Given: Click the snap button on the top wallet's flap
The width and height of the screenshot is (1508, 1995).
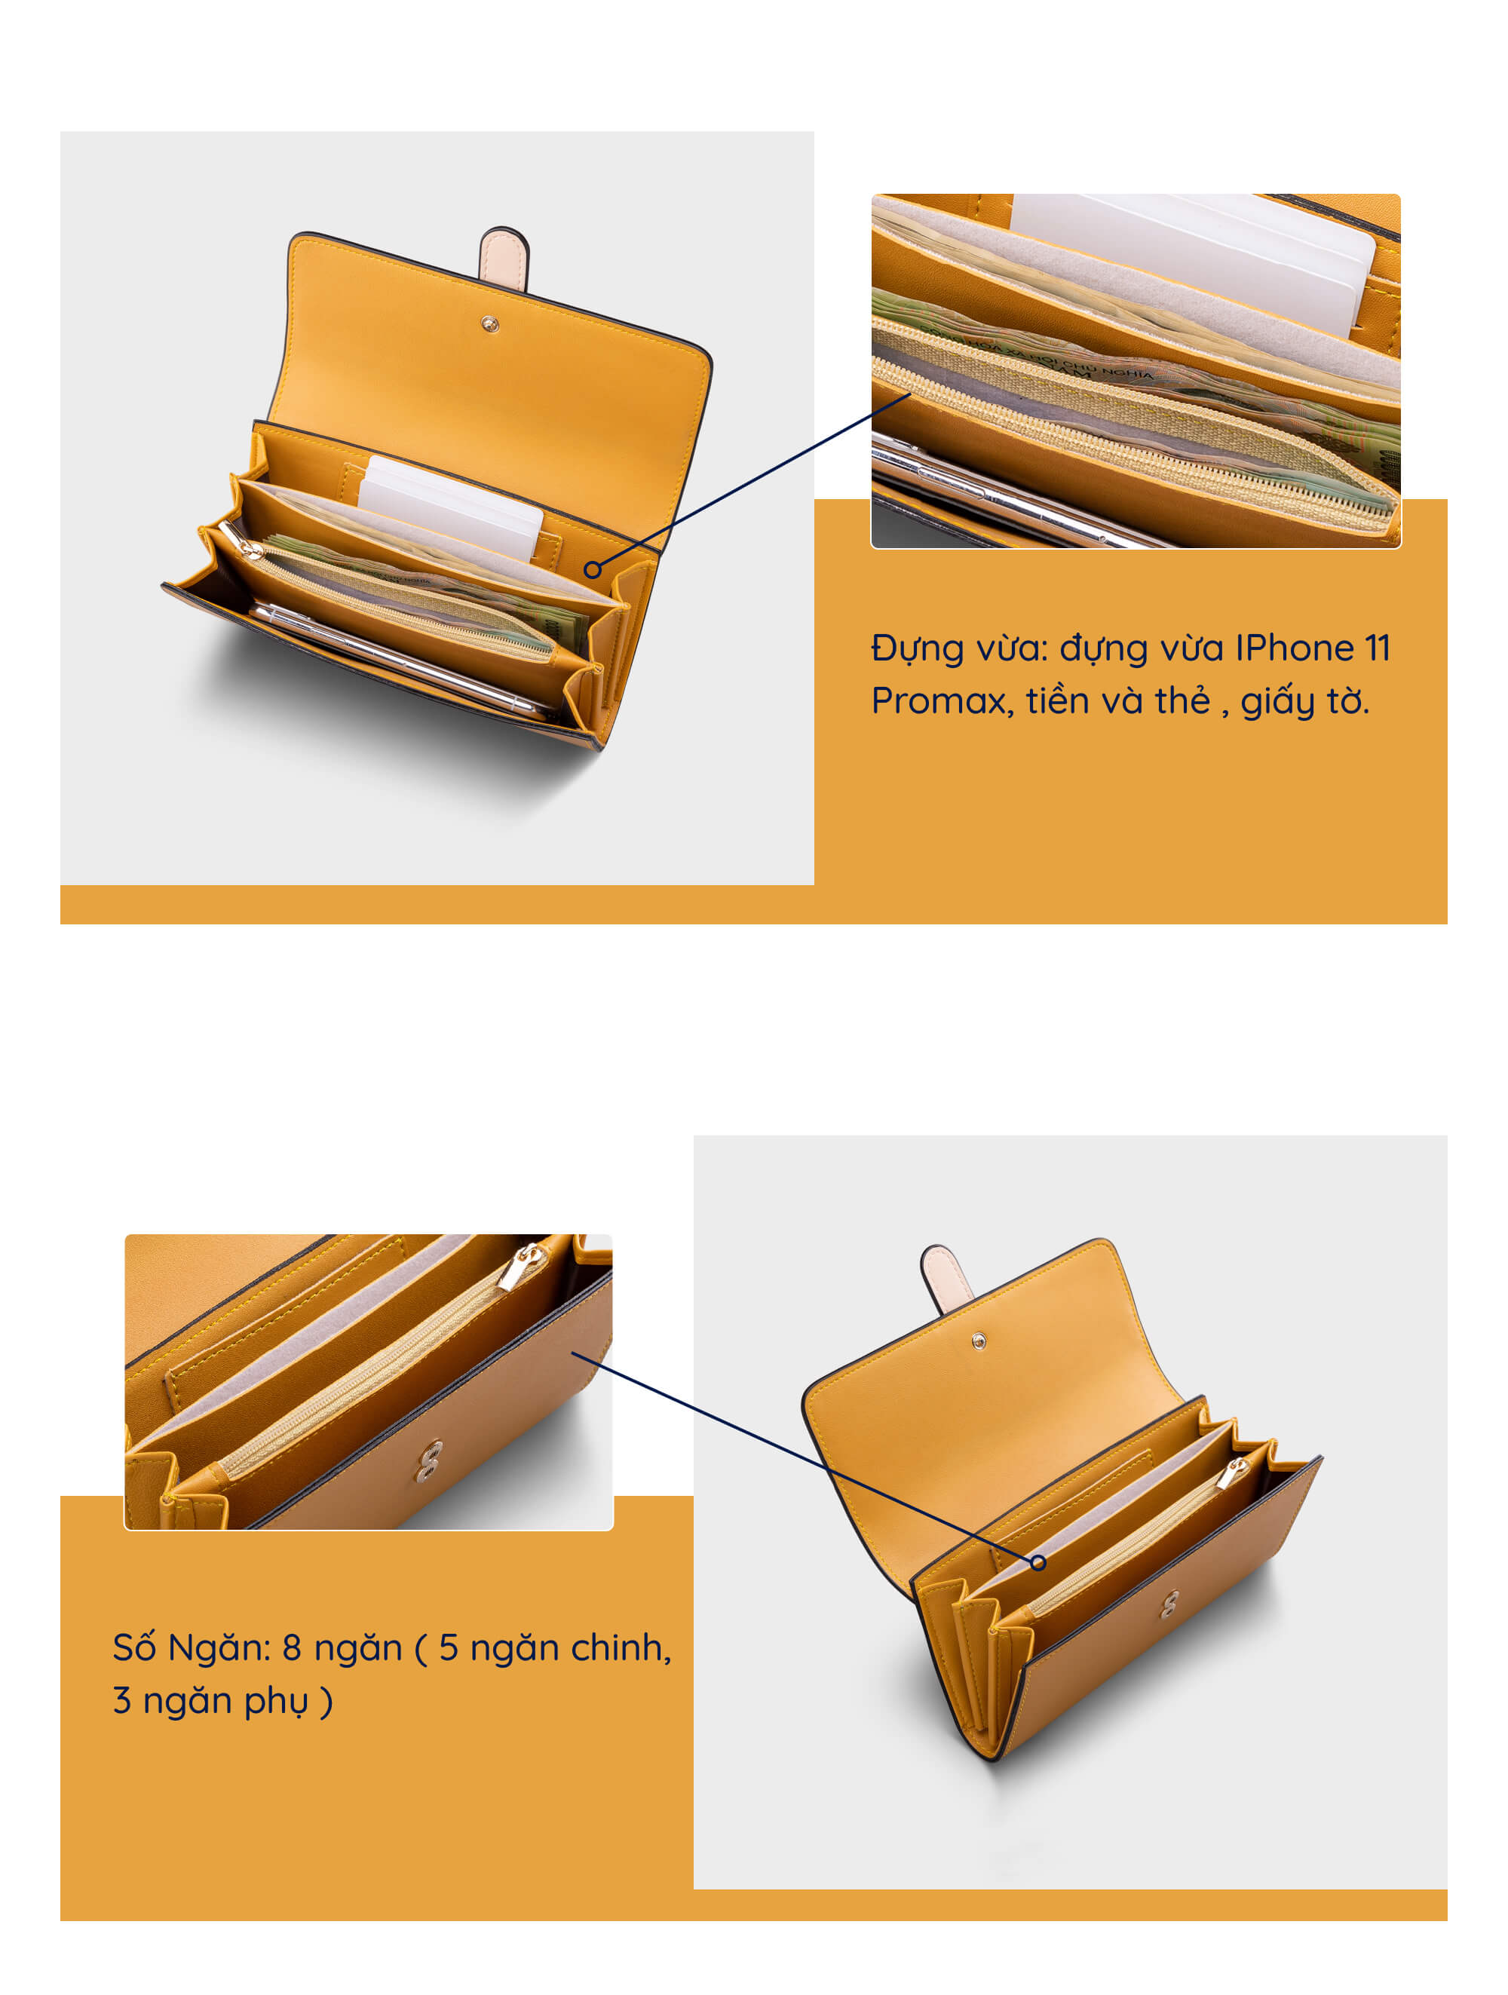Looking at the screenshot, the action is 490,323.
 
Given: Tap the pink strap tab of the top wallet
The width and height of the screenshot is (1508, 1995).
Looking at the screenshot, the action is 503,258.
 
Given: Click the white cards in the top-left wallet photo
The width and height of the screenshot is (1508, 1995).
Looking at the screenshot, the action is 450,507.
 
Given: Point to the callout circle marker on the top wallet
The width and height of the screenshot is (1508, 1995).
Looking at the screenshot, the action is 592,569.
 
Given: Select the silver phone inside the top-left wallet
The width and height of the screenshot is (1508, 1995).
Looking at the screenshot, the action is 397,659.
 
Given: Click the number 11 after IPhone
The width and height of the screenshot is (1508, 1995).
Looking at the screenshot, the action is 1378,648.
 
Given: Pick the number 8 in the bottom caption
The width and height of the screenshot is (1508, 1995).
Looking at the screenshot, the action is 291,1647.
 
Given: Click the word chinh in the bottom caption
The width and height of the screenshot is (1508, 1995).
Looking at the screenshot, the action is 621,1647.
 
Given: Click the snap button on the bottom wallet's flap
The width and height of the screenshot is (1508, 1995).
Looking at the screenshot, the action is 979,1342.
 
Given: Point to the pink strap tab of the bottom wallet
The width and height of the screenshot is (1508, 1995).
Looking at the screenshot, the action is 946,1279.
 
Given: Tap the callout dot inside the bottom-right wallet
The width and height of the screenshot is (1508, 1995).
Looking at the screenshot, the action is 1038,1563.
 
